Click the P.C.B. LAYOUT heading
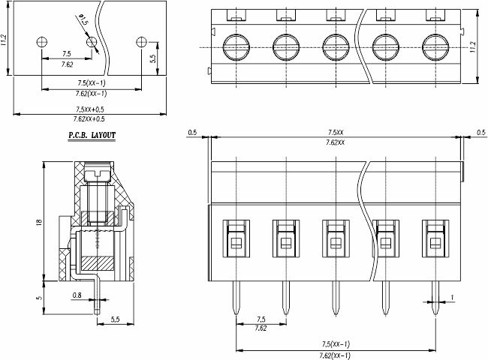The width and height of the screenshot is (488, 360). coord(92,135)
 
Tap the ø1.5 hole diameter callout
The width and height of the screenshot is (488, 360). coord(83,19)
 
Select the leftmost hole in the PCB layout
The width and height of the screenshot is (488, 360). coord(42,42)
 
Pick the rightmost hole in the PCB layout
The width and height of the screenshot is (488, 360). coord(141,42)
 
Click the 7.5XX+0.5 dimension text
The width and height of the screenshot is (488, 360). coord(90,109)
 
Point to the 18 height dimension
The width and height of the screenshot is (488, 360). coord(39,222)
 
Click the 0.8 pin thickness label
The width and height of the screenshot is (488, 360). coord(77,295)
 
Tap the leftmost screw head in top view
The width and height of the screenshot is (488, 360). coord(236,47)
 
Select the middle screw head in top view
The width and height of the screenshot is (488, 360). coord(336,47)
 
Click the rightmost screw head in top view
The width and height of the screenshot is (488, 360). coord(435,47)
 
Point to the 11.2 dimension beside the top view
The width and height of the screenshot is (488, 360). coord(473,46)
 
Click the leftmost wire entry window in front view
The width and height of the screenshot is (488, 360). coord(236,238)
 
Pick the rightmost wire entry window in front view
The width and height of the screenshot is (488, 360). coord(435,238)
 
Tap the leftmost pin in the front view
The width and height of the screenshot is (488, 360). coord(236,298)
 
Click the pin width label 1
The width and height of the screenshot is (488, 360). coord(452,298)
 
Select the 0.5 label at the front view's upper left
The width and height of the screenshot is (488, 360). coord(193,133)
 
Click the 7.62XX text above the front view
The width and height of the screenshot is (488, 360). coord(336,142)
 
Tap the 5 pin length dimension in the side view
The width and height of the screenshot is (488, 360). coord(39,298)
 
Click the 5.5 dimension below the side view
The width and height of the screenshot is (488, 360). coord(115,319)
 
